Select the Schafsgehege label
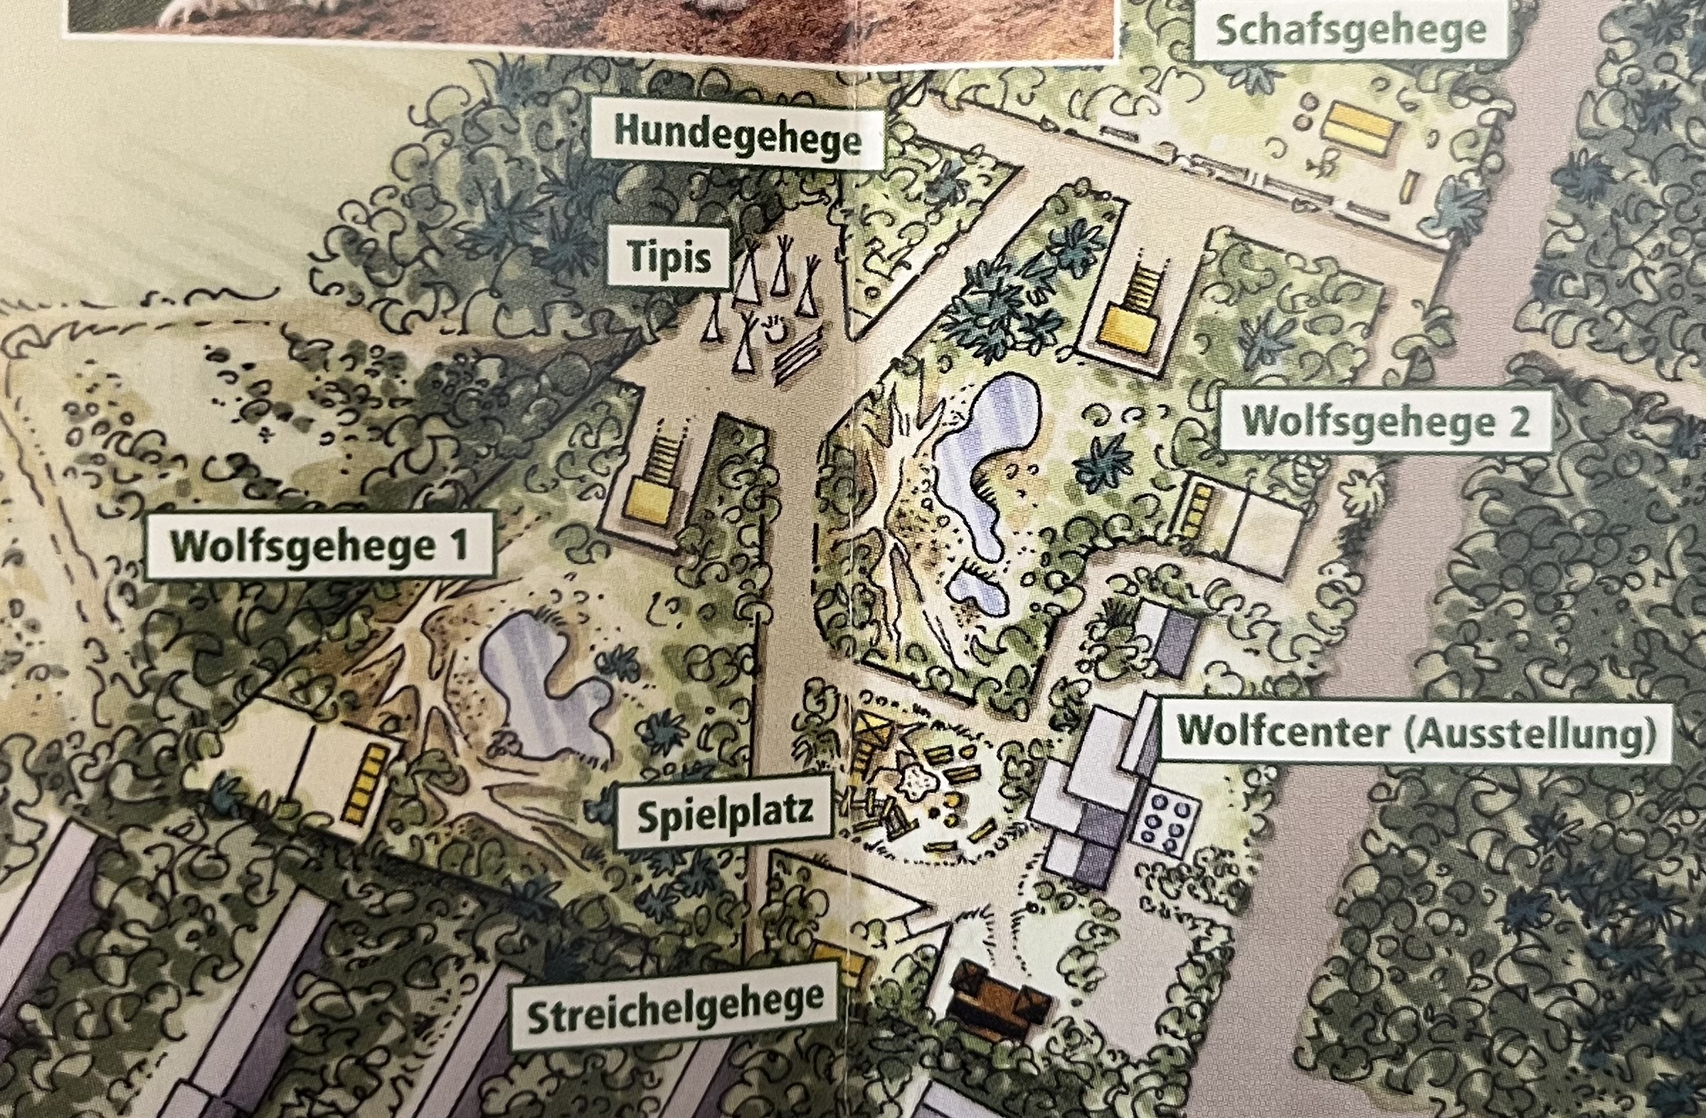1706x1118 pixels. click(x=1351, y=30)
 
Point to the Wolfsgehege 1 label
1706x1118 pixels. click(x=319, y=546)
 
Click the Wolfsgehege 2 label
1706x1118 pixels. click(x=1385, y=422)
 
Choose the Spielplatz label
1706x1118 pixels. click(x=725, y=813)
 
